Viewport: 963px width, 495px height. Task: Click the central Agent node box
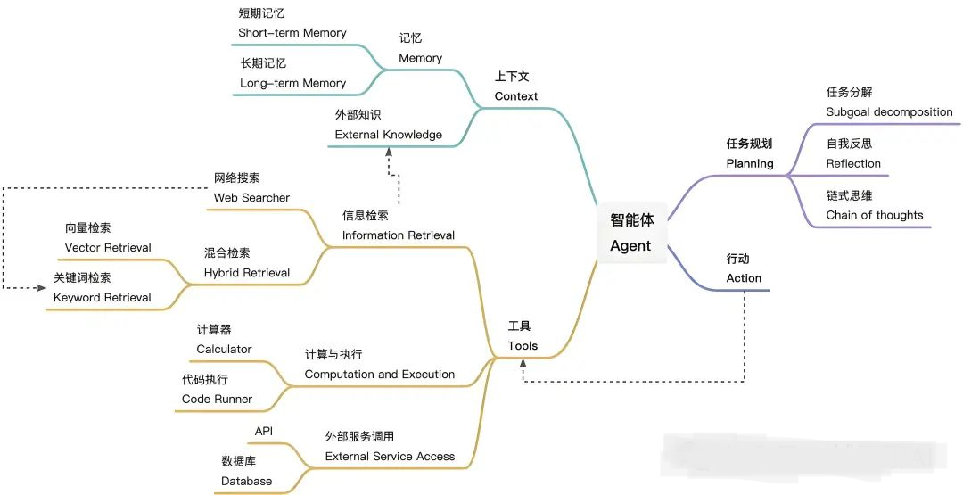(x=631, y=233)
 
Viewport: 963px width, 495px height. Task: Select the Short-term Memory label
(x=292, y=33)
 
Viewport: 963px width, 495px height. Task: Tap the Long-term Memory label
(x=292, y=83)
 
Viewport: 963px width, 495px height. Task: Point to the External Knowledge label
(x=388, y=135)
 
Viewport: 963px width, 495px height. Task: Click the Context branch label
(x=516, y=95)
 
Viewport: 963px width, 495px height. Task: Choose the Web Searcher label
(x=251, y=197)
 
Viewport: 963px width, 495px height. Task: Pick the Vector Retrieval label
(x=108, y=247)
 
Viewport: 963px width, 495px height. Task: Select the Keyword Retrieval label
(x=102, y=297)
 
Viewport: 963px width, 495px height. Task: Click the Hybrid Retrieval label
(x=246, y=272)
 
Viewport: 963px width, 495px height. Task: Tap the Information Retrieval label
(x=398, y=235)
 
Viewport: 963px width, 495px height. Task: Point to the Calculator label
(x=224, y=349)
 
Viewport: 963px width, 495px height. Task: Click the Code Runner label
(x=217, y=399)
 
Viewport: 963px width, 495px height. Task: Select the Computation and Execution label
(x=379, y=374)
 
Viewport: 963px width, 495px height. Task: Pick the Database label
(x=246, y=481)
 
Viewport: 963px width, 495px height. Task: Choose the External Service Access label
(x=390, y=456)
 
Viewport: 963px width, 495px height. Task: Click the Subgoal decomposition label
(x=889, y=112)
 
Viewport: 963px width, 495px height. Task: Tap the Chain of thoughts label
(x=875, y=215)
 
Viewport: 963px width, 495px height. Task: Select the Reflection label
(x=853, y=163)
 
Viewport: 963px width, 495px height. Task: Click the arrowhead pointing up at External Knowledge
(x=389, y=152)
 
